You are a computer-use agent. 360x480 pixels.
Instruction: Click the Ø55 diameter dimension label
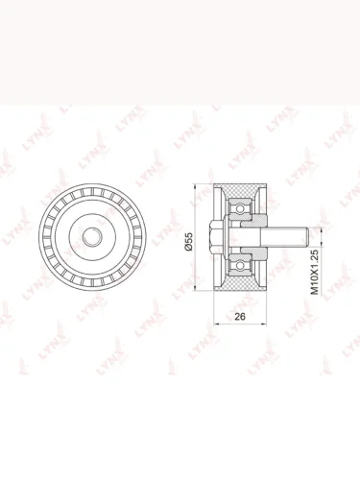click(x=189, y=242)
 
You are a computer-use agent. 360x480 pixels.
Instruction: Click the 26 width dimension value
click(x=240, y=317)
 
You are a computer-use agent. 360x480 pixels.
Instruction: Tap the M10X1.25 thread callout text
click(x=315, y=273)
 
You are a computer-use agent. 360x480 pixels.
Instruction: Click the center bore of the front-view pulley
click(x=92, y=237)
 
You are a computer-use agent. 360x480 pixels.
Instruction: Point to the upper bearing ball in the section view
click(x=239, y=209)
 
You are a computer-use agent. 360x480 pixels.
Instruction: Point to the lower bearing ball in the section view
click(x=239, y=265)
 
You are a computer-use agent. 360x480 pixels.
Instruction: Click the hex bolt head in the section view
click(x=216, y=237)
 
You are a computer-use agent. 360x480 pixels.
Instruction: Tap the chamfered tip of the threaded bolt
click(x=306, y=237)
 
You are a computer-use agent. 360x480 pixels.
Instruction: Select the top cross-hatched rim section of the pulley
click(x=240, y=191)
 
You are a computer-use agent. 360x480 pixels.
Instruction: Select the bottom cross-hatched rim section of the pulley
click(x=240, y=283)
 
